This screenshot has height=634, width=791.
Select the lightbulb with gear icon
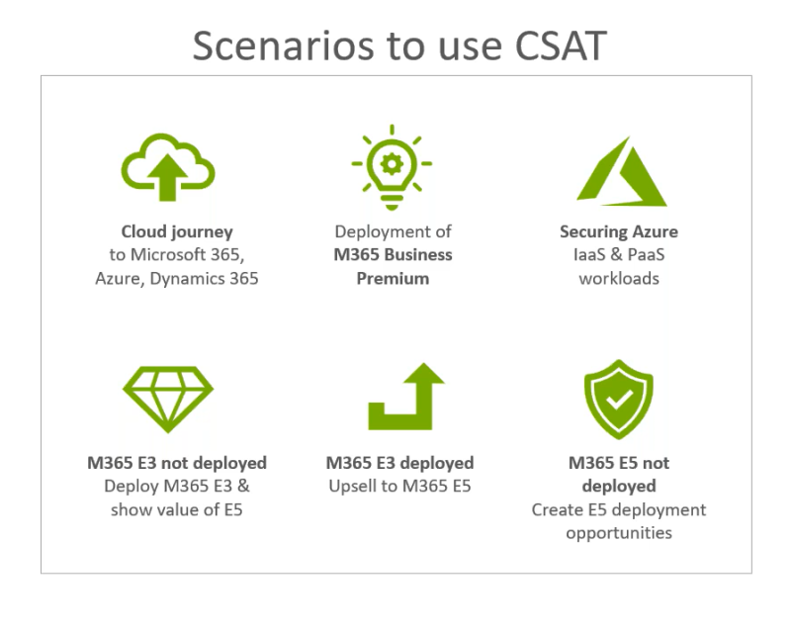(393, 166)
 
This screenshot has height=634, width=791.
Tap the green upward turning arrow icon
(404, 396)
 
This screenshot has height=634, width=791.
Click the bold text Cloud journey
(177, 231)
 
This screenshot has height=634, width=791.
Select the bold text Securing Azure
(619, 231)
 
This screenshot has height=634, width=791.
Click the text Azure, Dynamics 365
(177, 278)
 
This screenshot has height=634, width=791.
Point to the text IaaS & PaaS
(619, 255)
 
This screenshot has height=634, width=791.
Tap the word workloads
(619, 278)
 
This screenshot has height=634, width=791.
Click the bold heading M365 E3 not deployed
(177, 463)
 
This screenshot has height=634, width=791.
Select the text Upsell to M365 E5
(399, 486)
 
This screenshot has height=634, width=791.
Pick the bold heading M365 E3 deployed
(399, 463)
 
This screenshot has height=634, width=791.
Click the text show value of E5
(177, 509)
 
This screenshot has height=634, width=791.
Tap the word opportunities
(619, 533)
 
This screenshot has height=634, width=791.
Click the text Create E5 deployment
(619, 509)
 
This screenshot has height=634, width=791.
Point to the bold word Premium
(393, 278)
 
